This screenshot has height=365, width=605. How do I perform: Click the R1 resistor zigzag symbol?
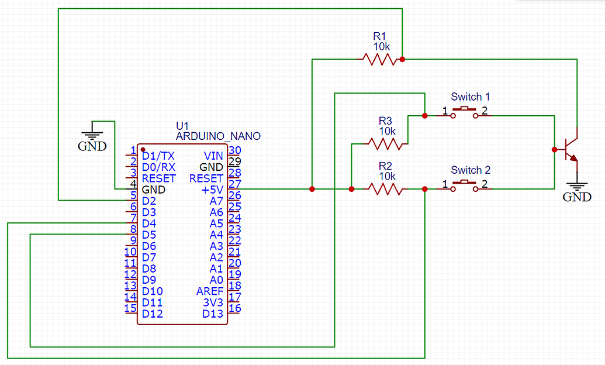coord(380,60)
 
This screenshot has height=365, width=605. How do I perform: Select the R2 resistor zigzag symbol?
coord(385,190)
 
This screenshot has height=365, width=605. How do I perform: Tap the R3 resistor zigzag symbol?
coord(385,144)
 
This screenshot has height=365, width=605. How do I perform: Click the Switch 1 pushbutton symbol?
coord(465,112)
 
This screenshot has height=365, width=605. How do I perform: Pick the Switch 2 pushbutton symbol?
coord(465,186)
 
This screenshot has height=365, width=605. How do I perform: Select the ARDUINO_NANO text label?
coord(219,136)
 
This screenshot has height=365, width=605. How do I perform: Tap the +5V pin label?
coord(212,190)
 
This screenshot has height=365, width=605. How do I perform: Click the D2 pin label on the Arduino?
coord(149,201)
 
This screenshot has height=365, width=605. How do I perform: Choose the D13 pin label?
coord(213,314)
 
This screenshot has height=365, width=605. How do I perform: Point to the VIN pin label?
coord(213,156)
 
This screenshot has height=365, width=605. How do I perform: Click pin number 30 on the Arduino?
coord(234,150)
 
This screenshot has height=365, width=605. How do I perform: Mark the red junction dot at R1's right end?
coord(402,60)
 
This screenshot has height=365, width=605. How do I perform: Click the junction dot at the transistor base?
coord(555,150)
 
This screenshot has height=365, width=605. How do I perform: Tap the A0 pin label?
coord(216,280)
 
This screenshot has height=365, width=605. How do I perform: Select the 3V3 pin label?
coord(213,302)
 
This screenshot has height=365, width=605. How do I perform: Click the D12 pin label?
coord(153,314)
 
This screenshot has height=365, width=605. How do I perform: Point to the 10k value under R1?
coord(382,47)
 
